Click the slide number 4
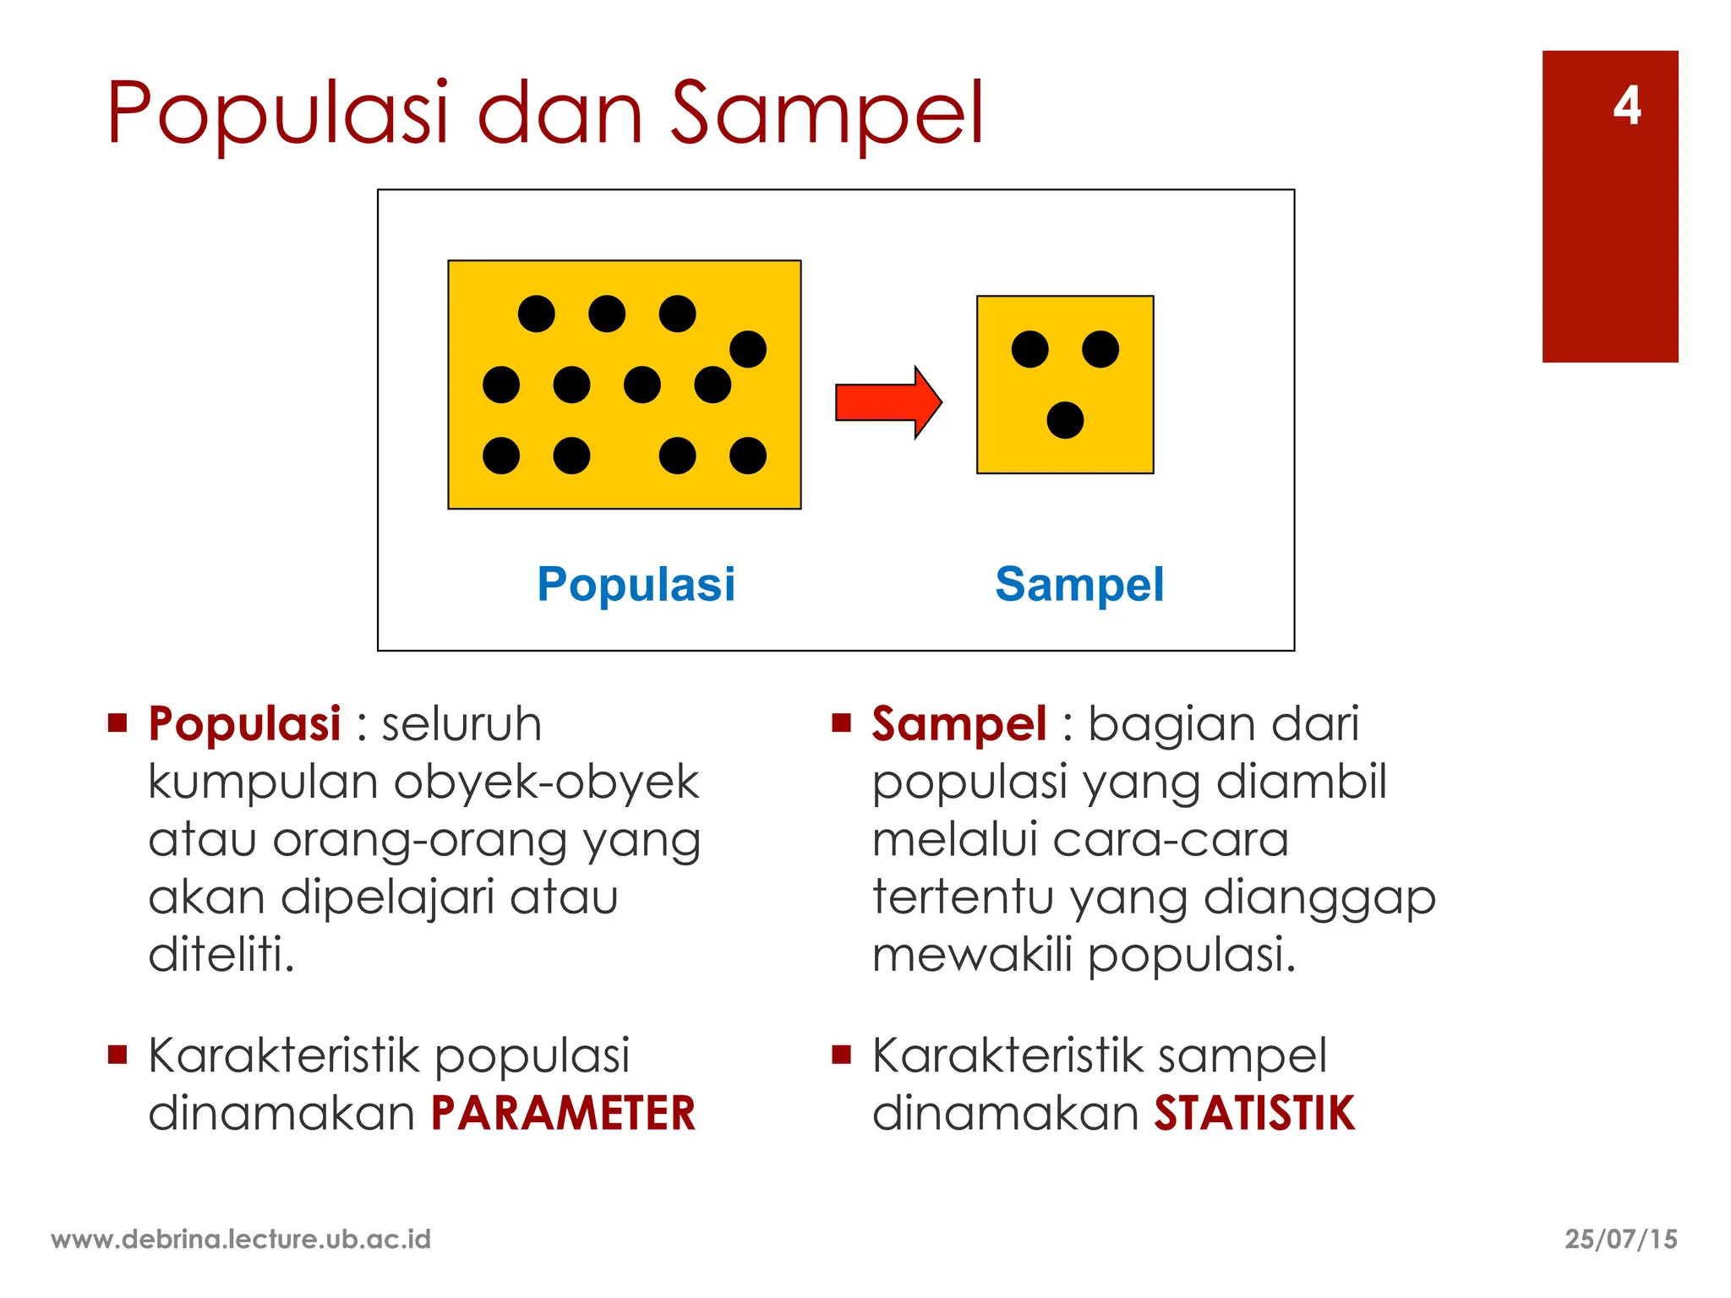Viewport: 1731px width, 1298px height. point(1626,106)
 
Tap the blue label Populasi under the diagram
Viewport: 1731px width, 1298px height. point(636,584)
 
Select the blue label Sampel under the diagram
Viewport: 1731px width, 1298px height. point(1079,584)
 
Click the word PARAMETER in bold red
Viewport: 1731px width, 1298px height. point(563,1113)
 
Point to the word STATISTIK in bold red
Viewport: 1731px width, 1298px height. point(1254,1113)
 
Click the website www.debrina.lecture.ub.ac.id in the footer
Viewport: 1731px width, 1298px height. point(241,1239)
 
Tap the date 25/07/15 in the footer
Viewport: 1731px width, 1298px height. point(1620,1239)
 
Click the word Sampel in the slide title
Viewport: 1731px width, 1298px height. point(827,113)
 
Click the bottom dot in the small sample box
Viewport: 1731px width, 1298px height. point(1065,420)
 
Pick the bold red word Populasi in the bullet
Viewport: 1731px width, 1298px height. point(244,724)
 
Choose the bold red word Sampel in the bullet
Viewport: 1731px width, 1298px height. point(959,724)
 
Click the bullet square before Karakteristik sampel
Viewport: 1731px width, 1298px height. point(841,1054)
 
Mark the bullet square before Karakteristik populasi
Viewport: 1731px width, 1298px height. point(117,1054)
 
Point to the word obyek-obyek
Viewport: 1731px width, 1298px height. point(546,782)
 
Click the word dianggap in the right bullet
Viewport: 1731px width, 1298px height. point(1319,897)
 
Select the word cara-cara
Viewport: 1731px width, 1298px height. point(1171,840)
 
